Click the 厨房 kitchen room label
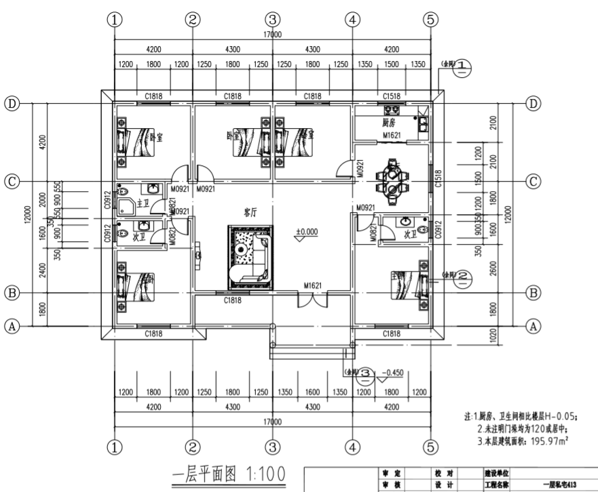click(x=389, y=123)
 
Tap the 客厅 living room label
click(x=252, y=212)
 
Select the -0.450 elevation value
click(x=394, y=373)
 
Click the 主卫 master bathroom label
click(x=143, y=203)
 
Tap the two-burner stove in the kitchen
click(x=392, y=109)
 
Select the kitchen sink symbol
click(x=422, y=123)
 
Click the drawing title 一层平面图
click(x=204, y=472)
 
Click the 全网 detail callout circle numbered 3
click(x=365, y=373)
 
